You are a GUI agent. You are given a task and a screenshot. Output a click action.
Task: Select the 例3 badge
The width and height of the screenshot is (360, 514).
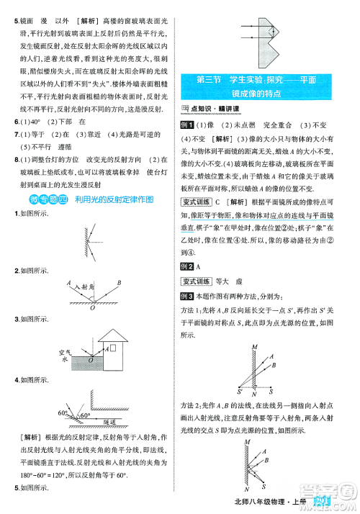pyautogui.click(x=188, y=296)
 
